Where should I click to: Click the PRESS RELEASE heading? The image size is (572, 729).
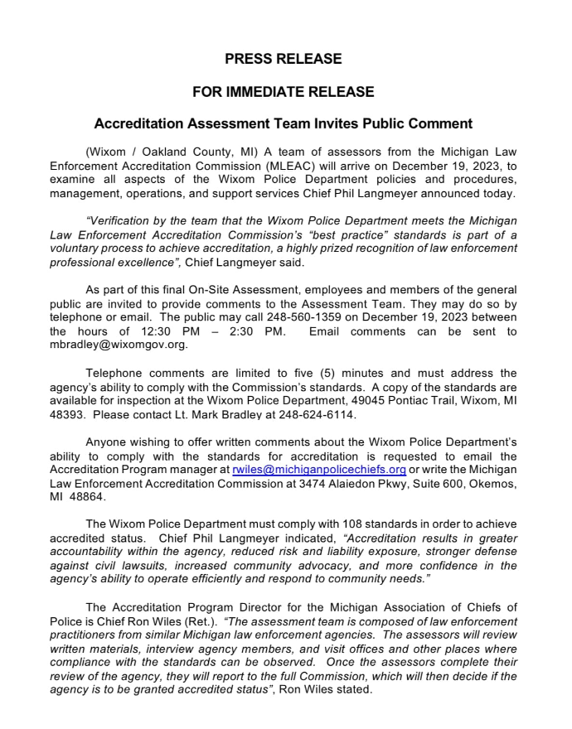pos(283,59)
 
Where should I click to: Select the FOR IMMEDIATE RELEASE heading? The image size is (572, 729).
pos(283,92)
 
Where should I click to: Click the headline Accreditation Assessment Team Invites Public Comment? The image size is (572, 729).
pos(283,123)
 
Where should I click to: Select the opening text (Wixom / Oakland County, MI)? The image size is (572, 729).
pos(172,152)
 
